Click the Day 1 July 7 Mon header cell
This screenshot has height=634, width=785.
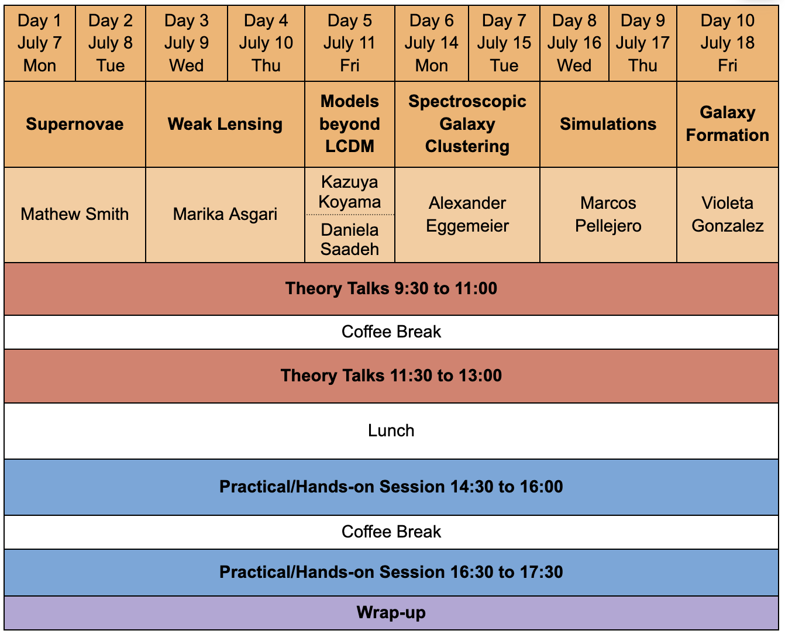(x=40, y=43)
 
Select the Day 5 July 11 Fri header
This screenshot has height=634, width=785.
(x=349, y=43)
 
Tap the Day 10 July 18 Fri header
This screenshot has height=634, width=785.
(x=728, y=43)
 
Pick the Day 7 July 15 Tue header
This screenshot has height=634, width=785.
(x=504, y=43)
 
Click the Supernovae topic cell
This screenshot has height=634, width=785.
(x=75, y=124)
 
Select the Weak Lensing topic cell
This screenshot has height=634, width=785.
(x=225, y=124)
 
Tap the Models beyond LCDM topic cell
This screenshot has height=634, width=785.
(x=349, y=124)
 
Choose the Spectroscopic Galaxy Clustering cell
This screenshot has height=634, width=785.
(x=467, y=124)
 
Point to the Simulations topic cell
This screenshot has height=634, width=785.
(x=608, y=124)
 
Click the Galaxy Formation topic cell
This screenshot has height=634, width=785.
(x=728, y=124)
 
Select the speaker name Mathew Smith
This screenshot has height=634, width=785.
(x=75, y=214)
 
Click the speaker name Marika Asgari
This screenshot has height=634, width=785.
(x=225, y=215)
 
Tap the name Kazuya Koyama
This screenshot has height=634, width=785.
(x=349, y=192)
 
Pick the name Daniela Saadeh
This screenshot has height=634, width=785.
(x=349, y=239)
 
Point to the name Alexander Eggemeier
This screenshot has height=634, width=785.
(x=467, y=215)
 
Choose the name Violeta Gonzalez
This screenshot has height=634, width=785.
(x=728, y=215)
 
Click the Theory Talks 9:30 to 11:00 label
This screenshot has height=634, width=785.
(x=391, y=288)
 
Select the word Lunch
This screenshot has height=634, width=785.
(x=391, y=430)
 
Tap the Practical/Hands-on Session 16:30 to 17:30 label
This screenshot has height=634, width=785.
(x=391, y=572)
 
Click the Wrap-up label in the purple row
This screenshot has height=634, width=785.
(x=391, y=612)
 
